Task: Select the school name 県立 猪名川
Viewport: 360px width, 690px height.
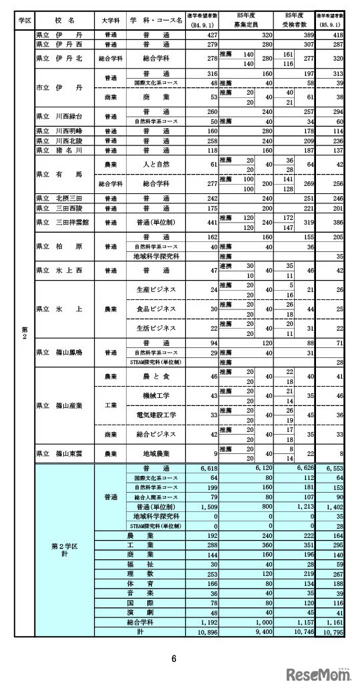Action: click(x=60, y=151)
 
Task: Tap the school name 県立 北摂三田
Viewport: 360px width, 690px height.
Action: click(x=60, y=198)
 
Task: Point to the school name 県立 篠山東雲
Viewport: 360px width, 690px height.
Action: click(x=60, y=453)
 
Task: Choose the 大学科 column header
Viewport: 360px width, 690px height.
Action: click(x=111, y=21)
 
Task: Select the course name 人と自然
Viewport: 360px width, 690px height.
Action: click(x=155, y=165)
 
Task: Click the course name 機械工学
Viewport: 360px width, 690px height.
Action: click(x=155, y=396)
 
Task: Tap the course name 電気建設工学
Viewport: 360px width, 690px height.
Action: click(x=155, y=415)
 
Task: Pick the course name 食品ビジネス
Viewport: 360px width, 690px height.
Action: click(x=155, y=309)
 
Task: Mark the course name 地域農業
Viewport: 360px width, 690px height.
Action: click(x=155, y=453)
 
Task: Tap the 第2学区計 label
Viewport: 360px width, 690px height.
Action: click(x=65, y=551)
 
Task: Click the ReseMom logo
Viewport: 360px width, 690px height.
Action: click(x=319, y=675)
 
